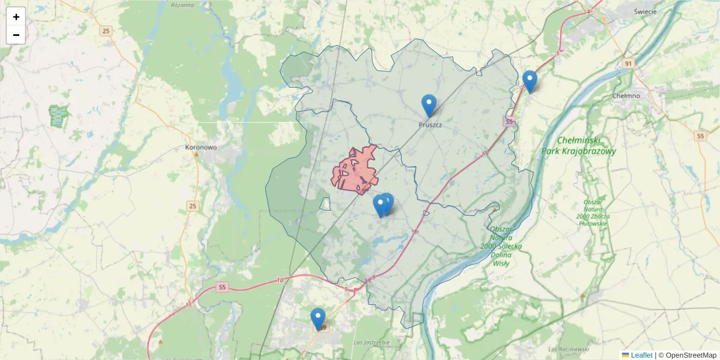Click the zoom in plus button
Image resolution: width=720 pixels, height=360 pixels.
(16, 17)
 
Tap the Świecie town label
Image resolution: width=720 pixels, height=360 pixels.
(645, 11)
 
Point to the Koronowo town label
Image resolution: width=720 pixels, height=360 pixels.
(201, 146)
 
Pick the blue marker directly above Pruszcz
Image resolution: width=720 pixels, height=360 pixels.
(429, 106)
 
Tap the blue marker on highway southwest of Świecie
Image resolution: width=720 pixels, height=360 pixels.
(529, 82)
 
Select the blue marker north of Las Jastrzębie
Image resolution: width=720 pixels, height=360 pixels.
(318, 319)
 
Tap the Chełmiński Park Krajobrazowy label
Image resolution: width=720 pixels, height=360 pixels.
(578, 146)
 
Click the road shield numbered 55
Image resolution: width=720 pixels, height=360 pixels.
(700, 136)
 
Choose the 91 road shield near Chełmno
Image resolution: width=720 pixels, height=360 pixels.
(628, 64)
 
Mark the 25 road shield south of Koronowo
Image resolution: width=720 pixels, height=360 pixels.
(192, 206)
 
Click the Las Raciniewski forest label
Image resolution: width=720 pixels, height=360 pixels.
(569, 349)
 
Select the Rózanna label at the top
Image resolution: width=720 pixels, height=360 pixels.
(182, 5)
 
